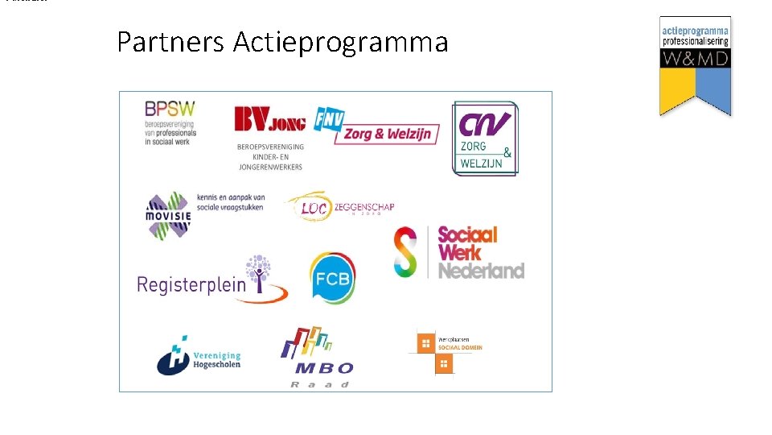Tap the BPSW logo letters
(170, 108)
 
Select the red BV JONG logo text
(269, 120)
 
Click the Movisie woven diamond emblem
(168, 214)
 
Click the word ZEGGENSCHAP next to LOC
(363, 207)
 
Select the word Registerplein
(191, 284)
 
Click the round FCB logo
(332, 278)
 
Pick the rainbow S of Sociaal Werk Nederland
(406, 252)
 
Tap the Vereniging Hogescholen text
(217, 360)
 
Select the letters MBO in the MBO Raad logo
(323, 368)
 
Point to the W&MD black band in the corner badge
(695, 58)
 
